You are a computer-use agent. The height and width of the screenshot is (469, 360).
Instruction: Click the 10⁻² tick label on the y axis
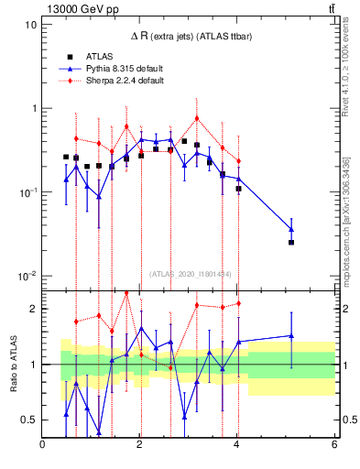click(26, 277)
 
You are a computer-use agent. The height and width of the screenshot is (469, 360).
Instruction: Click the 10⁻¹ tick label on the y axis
click(26, 192)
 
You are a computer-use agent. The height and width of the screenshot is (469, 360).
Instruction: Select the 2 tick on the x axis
click(140, 445)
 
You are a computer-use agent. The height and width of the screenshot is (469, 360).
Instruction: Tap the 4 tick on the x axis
click(237, 445)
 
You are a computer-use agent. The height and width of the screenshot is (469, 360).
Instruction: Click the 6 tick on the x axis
click(334, 445)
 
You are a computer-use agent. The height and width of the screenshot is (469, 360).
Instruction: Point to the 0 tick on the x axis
click(43, 445)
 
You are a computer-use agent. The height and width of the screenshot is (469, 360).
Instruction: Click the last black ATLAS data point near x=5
click(291, 242)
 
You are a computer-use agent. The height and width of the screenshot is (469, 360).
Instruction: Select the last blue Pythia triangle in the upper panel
click(291, 229)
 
